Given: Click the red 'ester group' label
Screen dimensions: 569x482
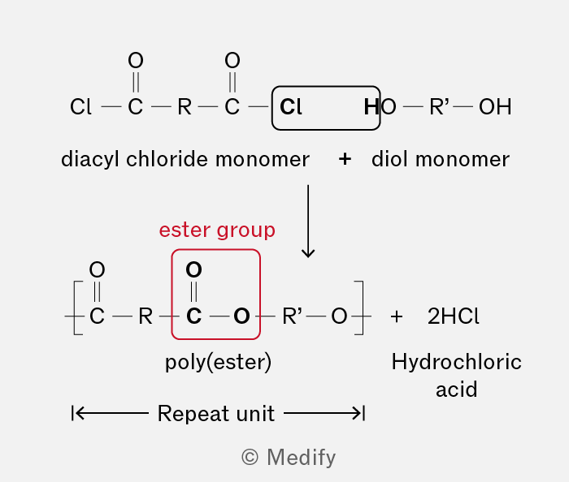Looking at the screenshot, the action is (x=217, y=230).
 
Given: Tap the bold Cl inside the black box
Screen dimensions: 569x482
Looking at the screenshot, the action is (x=291, y=107).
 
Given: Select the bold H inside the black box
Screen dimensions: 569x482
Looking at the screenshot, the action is (x=371, y=107).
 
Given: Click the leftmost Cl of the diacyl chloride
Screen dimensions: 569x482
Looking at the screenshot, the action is (x=80, y=107).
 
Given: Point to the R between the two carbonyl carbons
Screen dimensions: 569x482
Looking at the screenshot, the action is (x=185, y=107).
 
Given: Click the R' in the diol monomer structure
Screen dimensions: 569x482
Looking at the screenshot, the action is (x=439, y=107).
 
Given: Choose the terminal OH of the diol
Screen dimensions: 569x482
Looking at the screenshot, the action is (x=495, y=107).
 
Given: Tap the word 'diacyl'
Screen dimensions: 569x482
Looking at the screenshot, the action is (x=90, y=159).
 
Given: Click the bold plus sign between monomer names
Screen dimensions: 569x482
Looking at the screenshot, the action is (x=345, y=159).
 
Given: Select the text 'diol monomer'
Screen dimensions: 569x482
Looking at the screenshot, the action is (x=441, y=159).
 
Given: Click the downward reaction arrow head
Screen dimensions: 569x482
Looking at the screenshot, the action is (x=308, y=253).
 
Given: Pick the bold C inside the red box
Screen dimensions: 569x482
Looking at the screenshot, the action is (x=193, y=316).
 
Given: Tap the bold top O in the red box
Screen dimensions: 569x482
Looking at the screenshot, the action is (x=193, y=269).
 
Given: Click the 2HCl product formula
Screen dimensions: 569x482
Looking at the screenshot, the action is (x=454, y=316).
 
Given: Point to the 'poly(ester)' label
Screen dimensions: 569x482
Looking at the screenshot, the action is (x=218, y=362).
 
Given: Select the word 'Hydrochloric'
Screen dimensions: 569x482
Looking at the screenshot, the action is (x=457, y=362).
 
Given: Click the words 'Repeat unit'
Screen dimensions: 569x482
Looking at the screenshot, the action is (x=216, y=413).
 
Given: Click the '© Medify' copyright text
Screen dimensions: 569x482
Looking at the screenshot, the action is (x=289, y=458).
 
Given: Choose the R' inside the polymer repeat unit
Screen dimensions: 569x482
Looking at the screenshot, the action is (x=292, y=316).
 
